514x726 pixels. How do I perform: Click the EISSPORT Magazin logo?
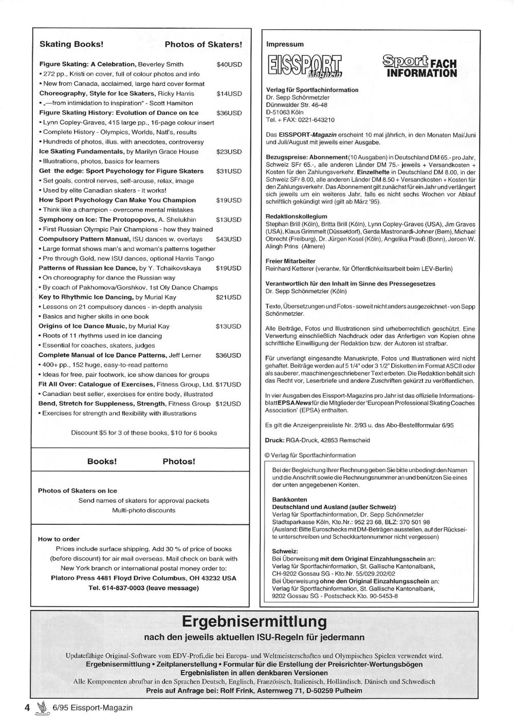[x=305, y=67]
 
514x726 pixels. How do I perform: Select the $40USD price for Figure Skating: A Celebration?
[x=229, y=64]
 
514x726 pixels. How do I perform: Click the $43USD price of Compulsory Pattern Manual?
[x=229, y=239]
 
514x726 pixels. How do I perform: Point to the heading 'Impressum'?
[x=285, y=44]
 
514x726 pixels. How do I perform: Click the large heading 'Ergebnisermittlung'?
[x=254, y=622]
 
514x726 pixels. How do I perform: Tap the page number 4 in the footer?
[x=28, y=707]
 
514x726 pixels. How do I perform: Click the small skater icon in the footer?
[x=41, y=708]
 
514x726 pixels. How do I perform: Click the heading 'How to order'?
[x=59, y=539]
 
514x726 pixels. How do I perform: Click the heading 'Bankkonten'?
[x=289, y=499]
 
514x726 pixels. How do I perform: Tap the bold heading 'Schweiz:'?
[x=284, y=550]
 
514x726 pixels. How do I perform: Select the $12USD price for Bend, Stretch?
[x=228, y=404]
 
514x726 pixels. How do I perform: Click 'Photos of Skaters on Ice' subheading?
[x=78, y=491]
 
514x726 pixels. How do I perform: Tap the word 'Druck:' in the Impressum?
[x=275, y=440]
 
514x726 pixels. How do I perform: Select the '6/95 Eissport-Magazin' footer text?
[x=93, y=707]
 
